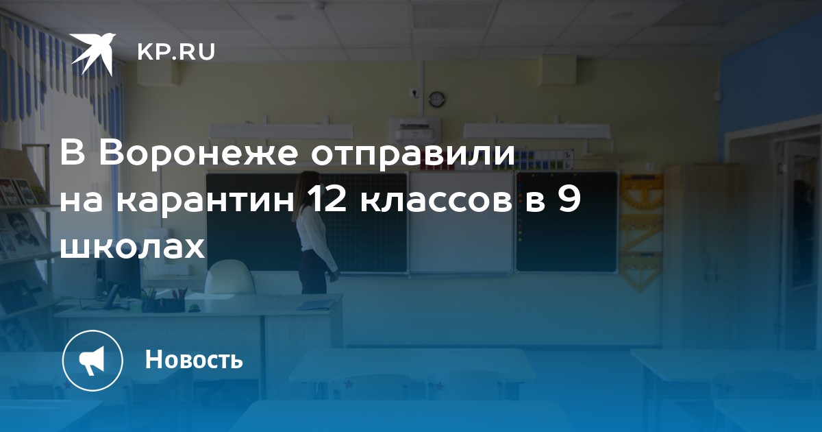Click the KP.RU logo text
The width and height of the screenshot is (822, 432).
[176, 52]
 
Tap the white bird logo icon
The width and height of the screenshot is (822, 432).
[92, 53]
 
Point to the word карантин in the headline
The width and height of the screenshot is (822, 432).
[206, 202]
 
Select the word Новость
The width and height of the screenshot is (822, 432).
[194, 359]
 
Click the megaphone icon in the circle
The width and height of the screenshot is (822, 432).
[92, 361]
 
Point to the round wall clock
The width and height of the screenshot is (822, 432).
[437, 99]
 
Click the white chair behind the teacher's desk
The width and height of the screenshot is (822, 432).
[230, 278]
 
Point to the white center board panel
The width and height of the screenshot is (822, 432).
[461, 223]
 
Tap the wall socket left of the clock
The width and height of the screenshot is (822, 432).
[414, 92]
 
